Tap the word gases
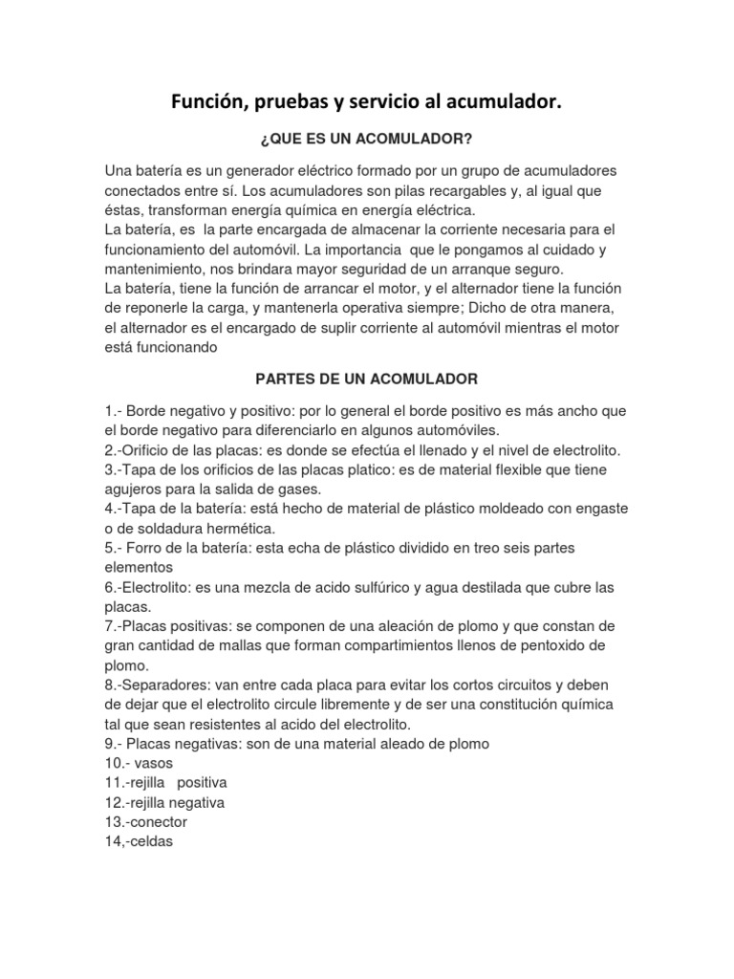click(x=304, y=489)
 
